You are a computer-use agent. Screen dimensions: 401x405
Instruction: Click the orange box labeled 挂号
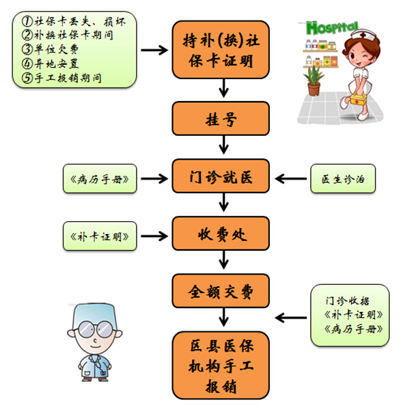point(221,119)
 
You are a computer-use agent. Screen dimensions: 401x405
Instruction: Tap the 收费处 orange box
point(221,234)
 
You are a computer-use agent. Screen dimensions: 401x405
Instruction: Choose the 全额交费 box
point(221,291)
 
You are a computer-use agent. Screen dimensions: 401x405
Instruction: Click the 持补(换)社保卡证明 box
point(221,50)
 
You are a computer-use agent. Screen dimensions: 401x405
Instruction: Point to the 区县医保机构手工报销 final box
point(221,365)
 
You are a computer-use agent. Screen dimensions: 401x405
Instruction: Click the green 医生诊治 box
point(343,178)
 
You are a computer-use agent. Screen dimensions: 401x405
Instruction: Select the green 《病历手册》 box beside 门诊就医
point(100,178)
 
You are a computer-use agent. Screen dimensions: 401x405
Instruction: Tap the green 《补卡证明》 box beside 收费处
point(100,236)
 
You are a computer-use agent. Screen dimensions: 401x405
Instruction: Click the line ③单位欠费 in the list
point(50,49)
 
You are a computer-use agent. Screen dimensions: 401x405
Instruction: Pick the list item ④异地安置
point(50,64)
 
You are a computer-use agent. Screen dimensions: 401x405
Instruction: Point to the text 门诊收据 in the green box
point(348,301)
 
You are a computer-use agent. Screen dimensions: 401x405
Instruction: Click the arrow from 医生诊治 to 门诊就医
point(291,178)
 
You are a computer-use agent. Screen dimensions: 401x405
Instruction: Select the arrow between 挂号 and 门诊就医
point(223,145)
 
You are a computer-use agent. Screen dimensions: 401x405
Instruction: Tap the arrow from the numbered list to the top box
point(154,50)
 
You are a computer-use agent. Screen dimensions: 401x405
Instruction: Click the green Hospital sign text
point(332,27)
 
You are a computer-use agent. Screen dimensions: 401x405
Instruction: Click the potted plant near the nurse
point(314,81)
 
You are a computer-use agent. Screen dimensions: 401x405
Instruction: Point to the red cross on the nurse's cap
point(363,35)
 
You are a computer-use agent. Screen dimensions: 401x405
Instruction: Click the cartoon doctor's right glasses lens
point(105,329)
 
